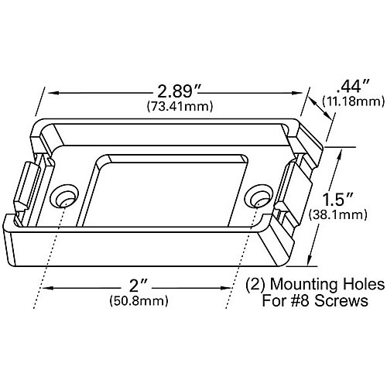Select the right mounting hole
pyautogui.click(x=258, y=199)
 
